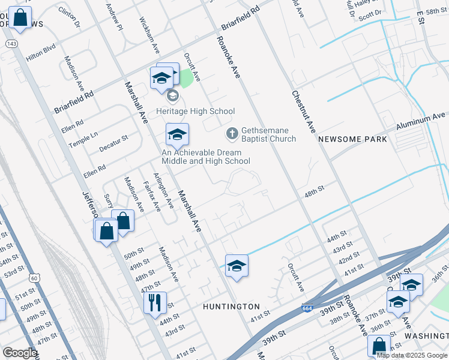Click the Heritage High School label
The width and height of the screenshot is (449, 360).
(195, 111)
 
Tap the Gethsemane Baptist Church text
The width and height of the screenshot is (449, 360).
(269, 135)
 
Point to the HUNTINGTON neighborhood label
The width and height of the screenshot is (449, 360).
(231, 307)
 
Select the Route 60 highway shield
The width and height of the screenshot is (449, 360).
(35, 278)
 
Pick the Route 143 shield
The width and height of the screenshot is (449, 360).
(11, 44)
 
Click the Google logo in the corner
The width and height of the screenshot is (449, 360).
(20, 353)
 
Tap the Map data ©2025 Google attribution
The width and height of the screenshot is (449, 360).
(412, 355)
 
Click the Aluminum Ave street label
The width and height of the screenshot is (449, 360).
(421, 122)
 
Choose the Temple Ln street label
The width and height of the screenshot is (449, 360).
(83, 141)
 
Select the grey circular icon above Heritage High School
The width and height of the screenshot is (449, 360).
(172, 96)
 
